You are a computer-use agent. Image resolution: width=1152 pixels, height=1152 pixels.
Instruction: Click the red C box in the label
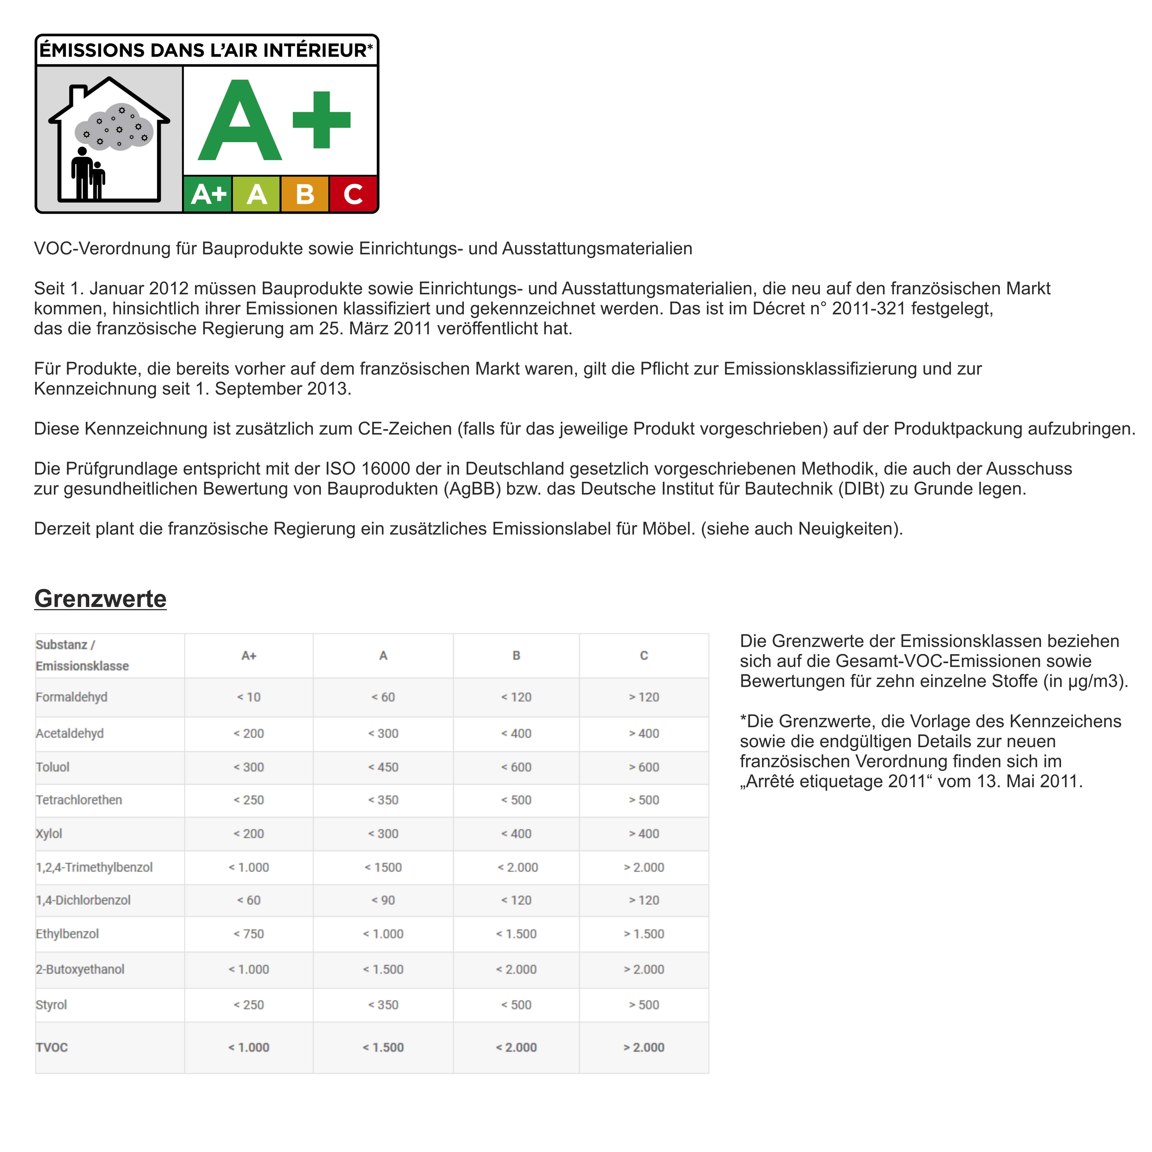click(353, 194)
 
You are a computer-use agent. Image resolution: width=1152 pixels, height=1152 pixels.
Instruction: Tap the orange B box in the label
click(305, 194)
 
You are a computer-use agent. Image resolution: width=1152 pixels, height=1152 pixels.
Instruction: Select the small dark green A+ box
click(208, 194)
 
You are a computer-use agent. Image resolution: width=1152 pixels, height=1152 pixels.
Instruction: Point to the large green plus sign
click(321, 120)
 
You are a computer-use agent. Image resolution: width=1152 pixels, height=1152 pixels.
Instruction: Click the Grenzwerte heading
click(100, 599)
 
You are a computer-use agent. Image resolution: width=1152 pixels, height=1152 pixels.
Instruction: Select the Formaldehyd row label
click(71, 697)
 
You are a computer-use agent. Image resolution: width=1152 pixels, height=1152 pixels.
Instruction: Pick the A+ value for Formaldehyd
click(249, 697)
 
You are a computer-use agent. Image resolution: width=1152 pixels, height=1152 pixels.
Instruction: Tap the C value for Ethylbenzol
click(644, 934)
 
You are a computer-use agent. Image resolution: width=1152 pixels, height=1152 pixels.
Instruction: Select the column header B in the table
click(516, 655)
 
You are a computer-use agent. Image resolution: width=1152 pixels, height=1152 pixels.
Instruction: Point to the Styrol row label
click(51, 1005)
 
